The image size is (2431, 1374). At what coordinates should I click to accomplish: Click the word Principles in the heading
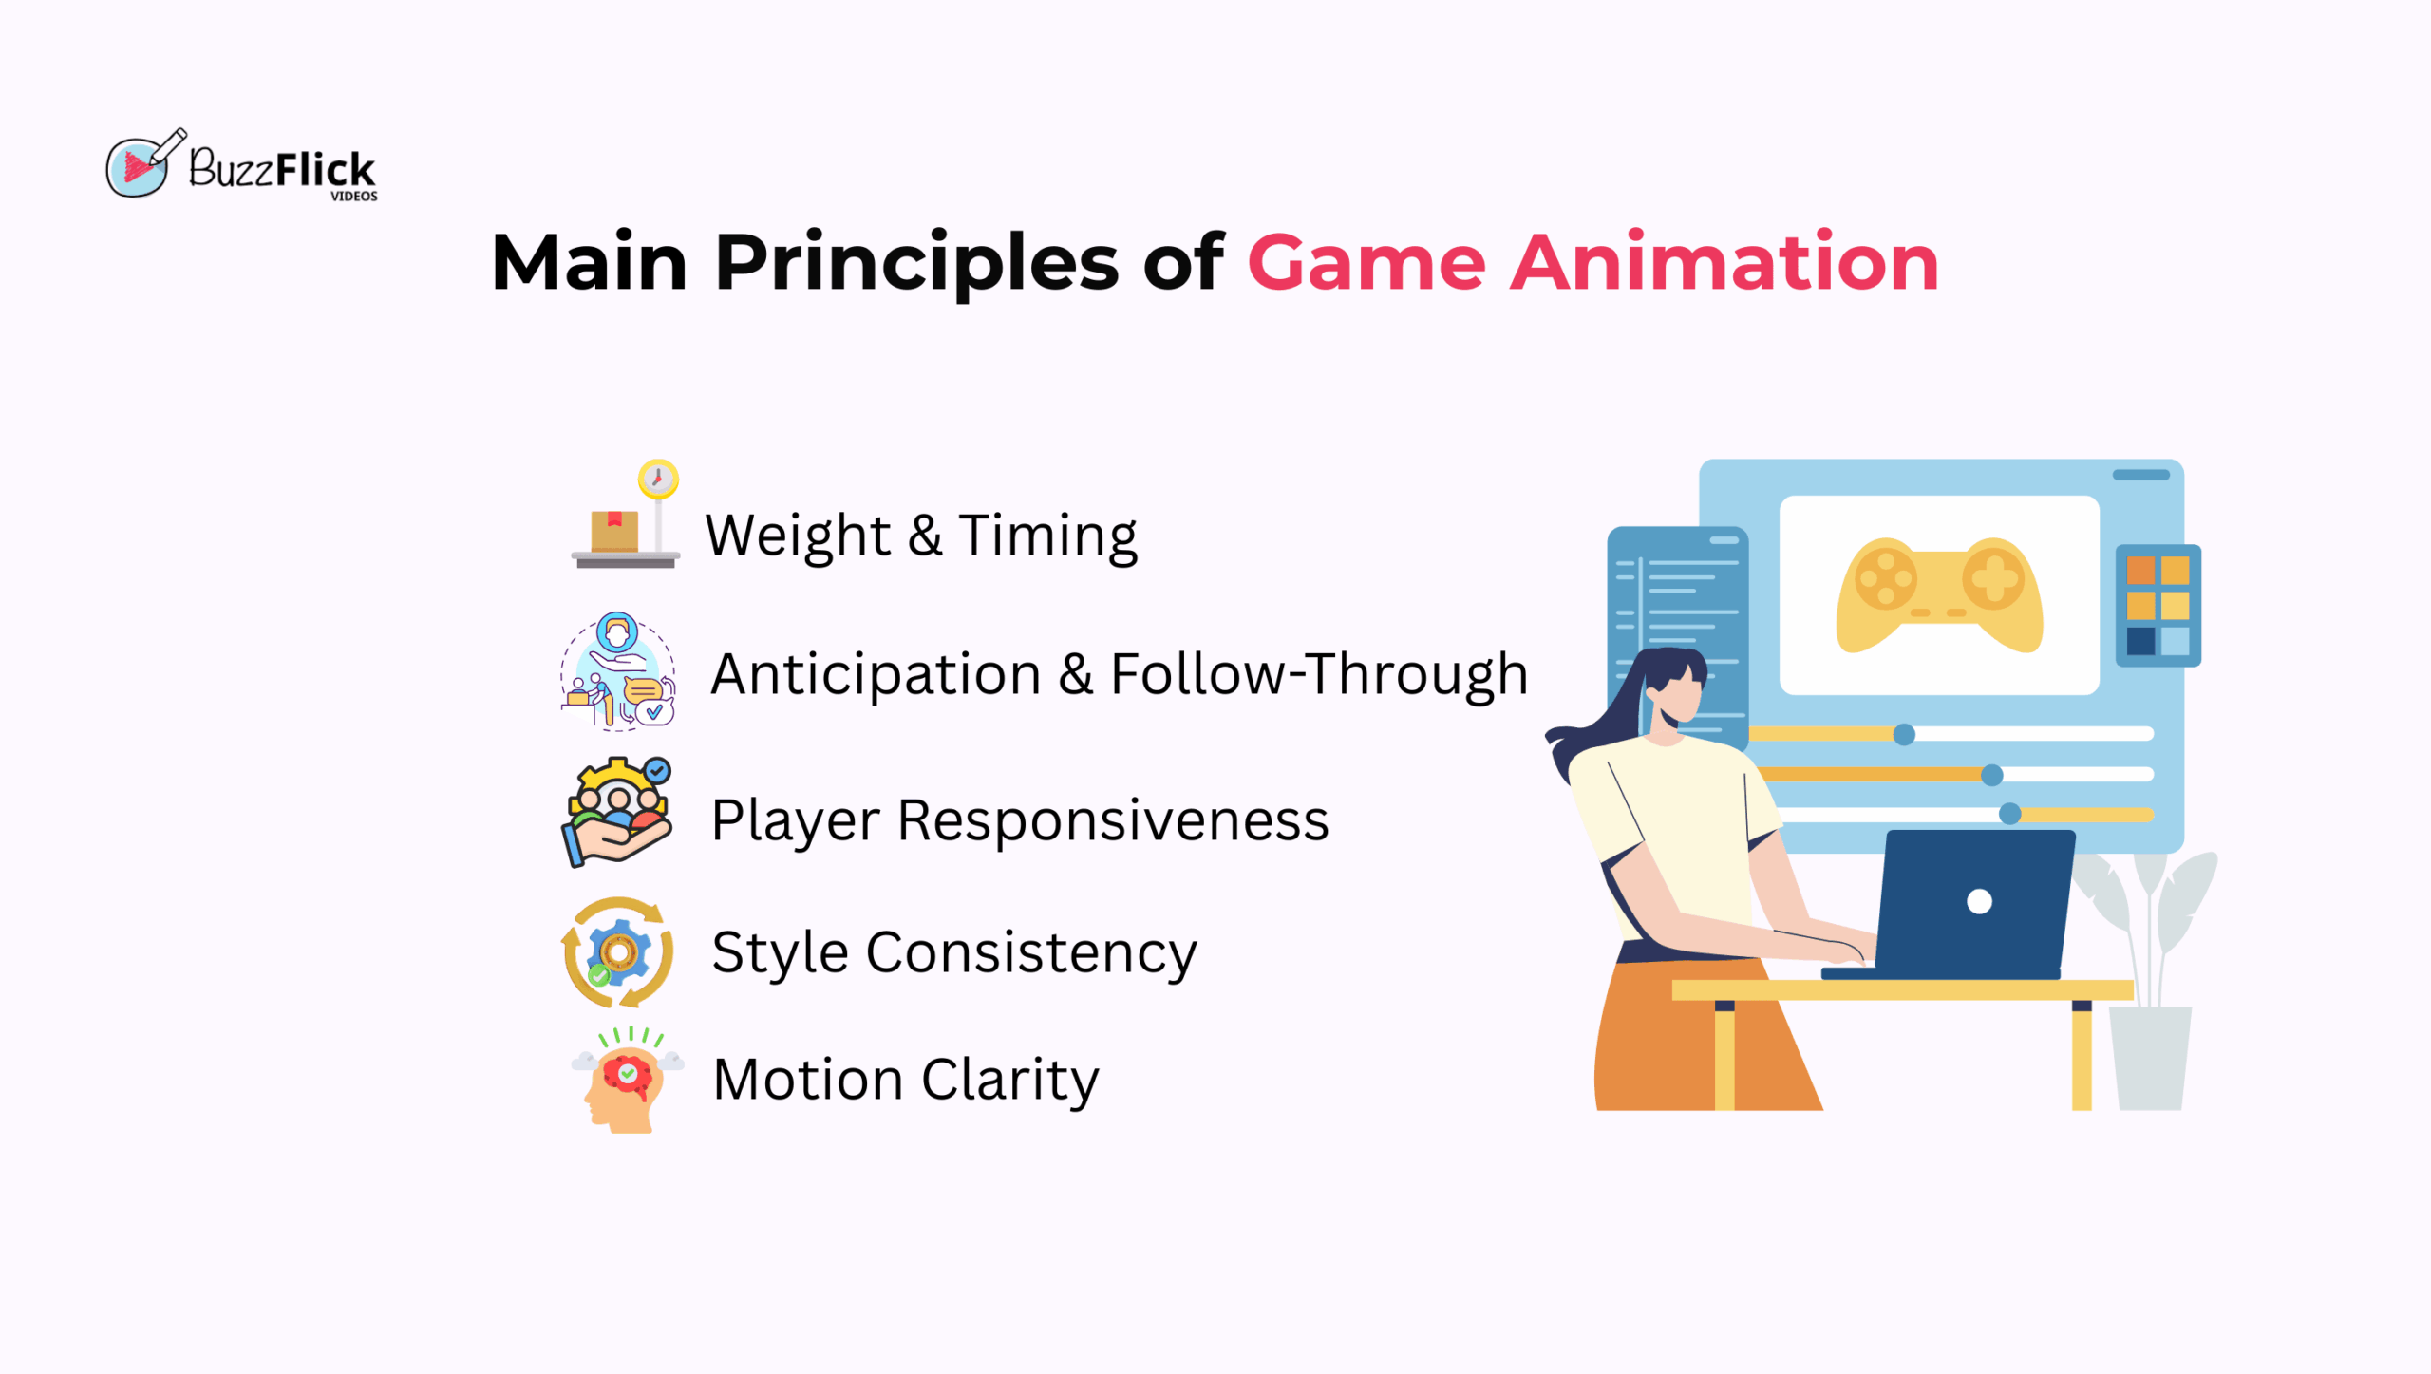tap(916, 264)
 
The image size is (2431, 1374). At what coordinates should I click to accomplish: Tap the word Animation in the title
tap(1724, 261)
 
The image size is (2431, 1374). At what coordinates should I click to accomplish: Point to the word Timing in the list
tap(1047, 536)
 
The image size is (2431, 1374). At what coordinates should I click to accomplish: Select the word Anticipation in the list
tap(876, 676)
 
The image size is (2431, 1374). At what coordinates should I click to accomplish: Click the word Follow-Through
tap(1319, 674)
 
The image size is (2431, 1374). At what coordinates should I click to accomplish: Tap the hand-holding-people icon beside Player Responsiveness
tap(617, 812)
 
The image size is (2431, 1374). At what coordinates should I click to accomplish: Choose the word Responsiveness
tap(1113, 821)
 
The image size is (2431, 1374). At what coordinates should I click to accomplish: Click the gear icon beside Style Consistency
tap(617, 952)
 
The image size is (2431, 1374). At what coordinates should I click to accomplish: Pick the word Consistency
tap(1031, 953)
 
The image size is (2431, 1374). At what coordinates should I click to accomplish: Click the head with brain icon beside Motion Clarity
tap(627, 1081)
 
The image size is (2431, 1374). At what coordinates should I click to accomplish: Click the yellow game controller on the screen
tap(1939, 595)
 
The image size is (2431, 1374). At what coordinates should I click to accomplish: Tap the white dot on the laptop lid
tap(1979, 902)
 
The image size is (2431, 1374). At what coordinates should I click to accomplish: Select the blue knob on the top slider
tap(1904, 735)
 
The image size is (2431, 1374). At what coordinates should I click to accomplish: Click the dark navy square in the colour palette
tap(2140, 641)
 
